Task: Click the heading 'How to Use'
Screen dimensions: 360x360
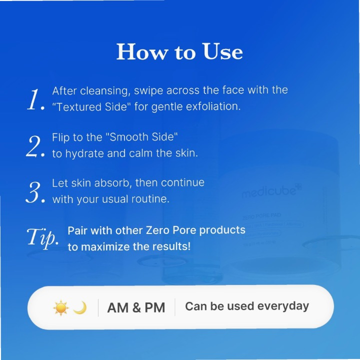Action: [x=179, y=52]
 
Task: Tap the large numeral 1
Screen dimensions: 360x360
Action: [x=35, y=100]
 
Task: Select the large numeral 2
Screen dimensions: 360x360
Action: [x=36, y=146]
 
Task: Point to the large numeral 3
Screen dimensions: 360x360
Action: [x=36, y=192]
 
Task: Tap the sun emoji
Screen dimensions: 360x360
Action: [x=60, y=307]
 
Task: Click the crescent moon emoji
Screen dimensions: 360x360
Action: [x=79, y=307]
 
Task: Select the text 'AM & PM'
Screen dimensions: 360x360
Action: [x=136, y=307]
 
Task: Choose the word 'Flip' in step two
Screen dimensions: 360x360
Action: [x=60, y=137]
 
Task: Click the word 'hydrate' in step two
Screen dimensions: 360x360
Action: [x=83, y=153]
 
